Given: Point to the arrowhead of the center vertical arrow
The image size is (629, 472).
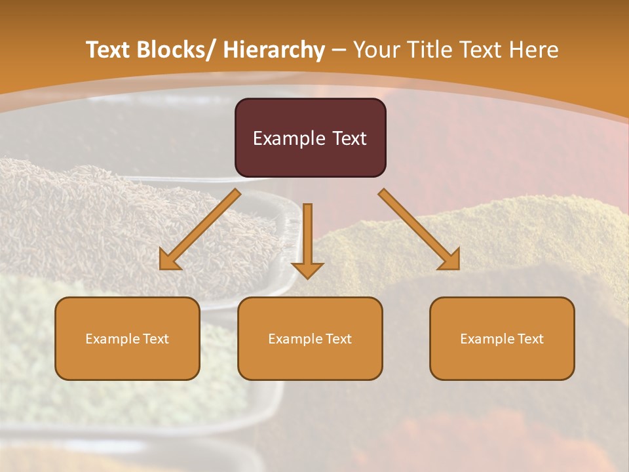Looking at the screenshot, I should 307,270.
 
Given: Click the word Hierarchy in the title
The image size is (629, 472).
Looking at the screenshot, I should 274,50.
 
